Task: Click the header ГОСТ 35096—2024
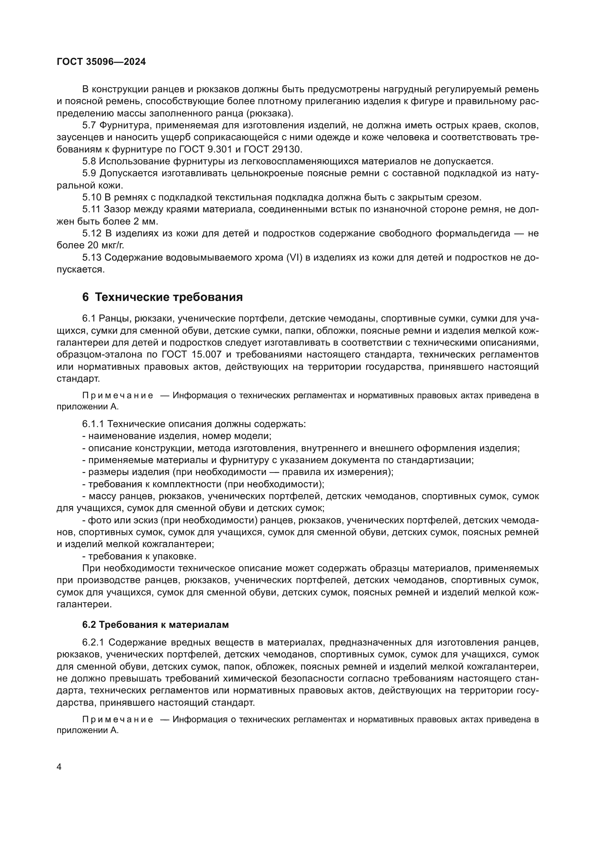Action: pyautogui.click(x=101, y=62)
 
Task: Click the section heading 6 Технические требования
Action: pyautogui.click(x=163, y=297)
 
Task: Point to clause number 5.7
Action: pyautogui.click(x=89, y=125)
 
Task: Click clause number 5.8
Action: pyautogui.click(x=89, y=161)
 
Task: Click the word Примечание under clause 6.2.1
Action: pyautogui.click(x=117, y=719)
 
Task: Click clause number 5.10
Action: pyautogui.click(x=92, y=198)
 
